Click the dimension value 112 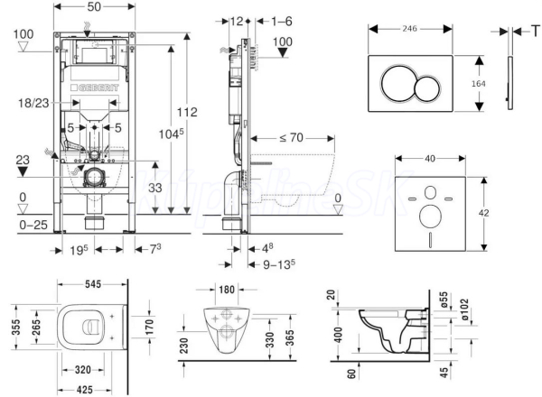(x=187, y=112)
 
